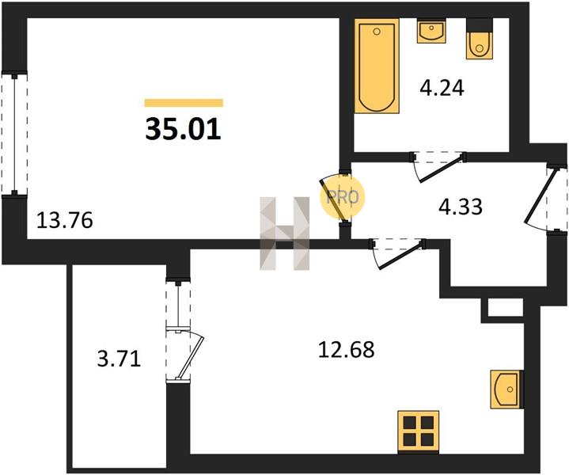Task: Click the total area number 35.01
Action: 184,130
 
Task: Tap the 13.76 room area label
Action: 65,220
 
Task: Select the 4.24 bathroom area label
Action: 442,88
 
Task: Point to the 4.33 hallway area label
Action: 461,207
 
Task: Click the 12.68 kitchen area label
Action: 346,350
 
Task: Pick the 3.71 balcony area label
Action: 119,359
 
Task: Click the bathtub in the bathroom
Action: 377,66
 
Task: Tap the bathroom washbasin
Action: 431,31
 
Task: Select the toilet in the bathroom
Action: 480,39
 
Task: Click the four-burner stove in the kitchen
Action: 419,431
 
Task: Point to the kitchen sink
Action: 507,389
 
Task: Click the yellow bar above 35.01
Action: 184,103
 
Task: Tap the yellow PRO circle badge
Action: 342,197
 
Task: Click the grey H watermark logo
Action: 285,234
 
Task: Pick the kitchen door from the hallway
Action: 398,254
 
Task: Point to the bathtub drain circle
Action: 377,32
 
